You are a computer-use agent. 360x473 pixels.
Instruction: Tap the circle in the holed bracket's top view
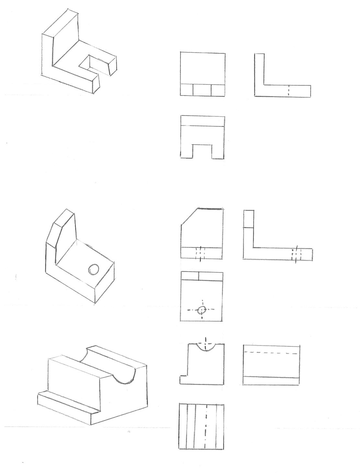click(202, 310)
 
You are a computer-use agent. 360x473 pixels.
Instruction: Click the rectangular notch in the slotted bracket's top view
click(203, 151)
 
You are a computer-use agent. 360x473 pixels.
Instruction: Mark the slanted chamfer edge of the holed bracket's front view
click(189, 216)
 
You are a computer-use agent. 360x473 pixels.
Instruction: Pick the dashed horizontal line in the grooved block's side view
click(271, 353)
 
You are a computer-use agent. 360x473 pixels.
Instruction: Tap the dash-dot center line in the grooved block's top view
click(205, 426)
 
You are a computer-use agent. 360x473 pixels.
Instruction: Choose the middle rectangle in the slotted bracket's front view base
click(202, 90)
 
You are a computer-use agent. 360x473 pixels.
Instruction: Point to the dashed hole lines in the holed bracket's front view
click(201, 253)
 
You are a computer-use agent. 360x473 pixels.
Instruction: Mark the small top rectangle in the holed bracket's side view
click(249, 219)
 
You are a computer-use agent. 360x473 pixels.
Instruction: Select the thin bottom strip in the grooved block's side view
click(271, 381)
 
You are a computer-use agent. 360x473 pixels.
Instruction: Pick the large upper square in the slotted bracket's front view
click(203, 68)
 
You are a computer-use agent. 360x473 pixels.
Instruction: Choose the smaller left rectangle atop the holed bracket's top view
click(190, 276)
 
